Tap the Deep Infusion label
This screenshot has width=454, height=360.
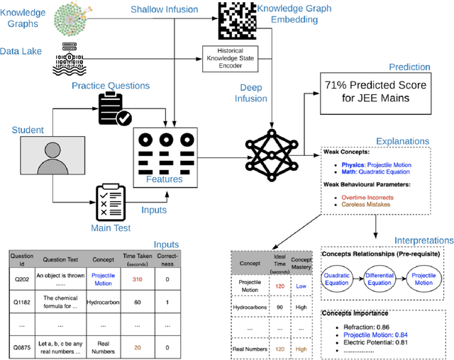click(252, 93)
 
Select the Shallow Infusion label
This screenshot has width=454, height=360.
click(165, 9)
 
